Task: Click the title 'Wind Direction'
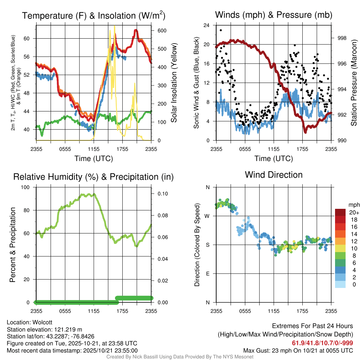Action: [x=274, y=175]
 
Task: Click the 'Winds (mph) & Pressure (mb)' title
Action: [x=274, y=15]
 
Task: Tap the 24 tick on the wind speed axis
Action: [x=206, y=25]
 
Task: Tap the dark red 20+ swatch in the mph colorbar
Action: [x=341, y=213]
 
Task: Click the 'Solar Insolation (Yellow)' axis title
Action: [x=174, y=83]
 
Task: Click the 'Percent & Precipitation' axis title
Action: [x=13, y=245]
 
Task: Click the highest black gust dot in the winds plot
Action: [x=220, y=30]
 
